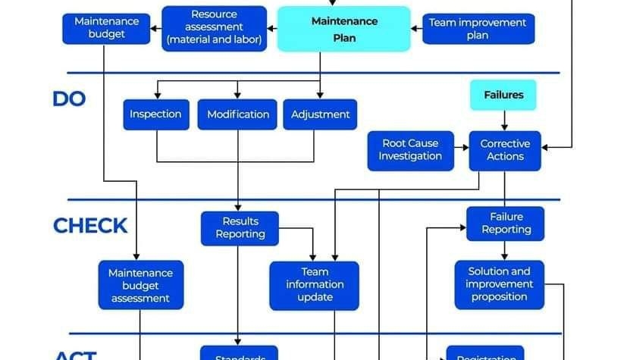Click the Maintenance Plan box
343,29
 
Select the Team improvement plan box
478,29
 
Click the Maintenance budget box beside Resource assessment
105,28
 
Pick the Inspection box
155,114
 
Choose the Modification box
238,114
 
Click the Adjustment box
320,114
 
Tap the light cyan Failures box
503,95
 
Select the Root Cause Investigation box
410,150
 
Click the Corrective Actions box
505,150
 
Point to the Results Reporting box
240,228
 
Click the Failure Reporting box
505,224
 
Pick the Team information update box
315,284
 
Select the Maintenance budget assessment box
140,285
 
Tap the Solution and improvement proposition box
499,284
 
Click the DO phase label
69,99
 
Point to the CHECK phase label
89,226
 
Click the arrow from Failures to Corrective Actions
504,121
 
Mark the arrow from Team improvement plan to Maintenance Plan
416,29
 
